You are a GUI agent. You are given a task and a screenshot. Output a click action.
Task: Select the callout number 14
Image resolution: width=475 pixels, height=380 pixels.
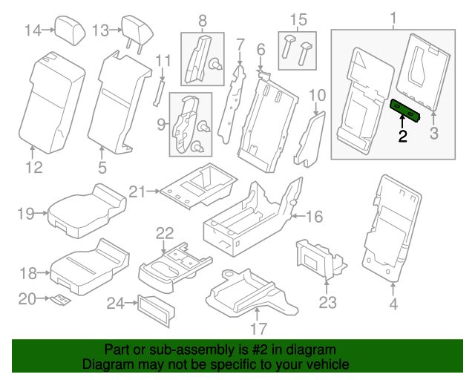pos(33,30)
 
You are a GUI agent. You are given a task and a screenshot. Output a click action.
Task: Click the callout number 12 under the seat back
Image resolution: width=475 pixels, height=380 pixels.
pos(34,168)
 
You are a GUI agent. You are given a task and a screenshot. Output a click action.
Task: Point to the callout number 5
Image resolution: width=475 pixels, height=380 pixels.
pos(102,168)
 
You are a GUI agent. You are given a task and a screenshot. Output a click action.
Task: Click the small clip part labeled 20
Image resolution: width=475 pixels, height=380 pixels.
pos(62,300)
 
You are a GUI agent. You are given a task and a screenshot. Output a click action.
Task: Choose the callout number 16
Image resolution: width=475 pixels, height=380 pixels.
pos(315,216)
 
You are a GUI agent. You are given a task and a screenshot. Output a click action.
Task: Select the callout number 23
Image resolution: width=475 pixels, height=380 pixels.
pos(327,302)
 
